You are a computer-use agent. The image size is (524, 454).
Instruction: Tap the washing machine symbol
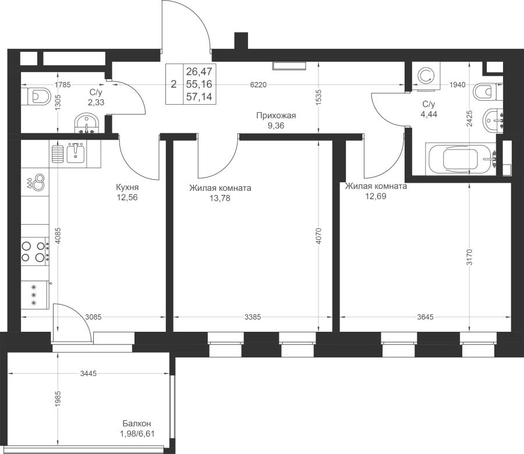pyautogui.click(x=426, y=76)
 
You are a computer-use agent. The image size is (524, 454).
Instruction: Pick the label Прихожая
pyautogui.click(x=276, y=116)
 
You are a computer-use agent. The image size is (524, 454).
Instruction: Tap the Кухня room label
pyautogui.click(x=127, y=187)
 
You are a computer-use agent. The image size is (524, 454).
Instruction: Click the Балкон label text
pyautogui.click(x=137, y=424)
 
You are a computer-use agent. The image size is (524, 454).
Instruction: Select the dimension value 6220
pyautogui.click(x=259, y=85)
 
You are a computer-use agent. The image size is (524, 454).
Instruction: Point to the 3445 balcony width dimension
pyautogui.click(x=88, y=373)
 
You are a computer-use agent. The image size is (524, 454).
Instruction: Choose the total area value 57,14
pyautogui.click(x=199, y=97)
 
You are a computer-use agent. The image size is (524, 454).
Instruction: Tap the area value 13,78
pyautogui.click(x=220, y=198)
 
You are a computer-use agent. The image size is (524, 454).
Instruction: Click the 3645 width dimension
pyautogui.click(x=425, y=317)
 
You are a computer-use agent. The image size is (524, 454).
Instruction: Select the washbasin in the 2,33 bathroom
pyautogui.click(x=87, y=123)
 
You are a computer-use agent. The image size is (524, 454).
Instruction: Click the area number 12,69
pyautogui.click(x=376, y=196)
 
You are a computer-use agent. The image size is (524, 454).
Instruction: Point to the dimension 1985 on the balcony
pyautogui.click(x=58, y=399)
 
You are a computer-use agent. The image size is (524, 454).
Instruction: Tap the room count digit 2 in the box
pyautogui.click(x=174, y=84)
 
